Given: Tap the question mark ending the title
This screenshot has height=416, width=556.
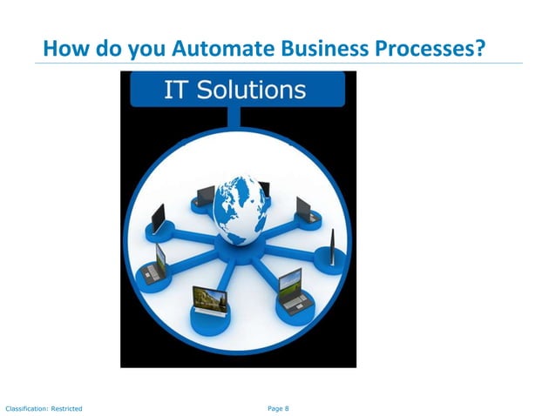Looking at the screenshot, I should [x=479, y=48].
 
